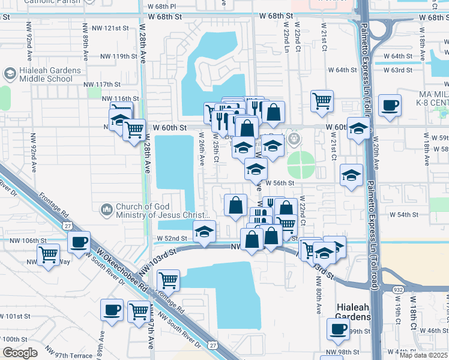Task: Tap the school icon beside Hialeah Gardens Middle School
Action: click(x=10, y=74)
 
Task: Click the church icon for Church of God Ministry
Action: click(x=107, y=209)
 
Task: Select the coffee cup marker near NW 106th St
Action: click(x=78, y=242)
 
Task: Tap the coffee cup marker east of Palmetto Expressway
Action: click(x=390, y=106)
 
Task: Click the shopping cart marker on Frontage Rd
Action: click(x=169, y=280)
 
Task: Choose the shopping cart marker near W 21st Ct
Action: click(x=322, y=101)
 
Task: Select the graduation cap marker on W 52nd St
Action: click(x=204, y=232)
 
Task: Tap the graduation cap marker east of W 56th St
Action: click(x=351, y=175)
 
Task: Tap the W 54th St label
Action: click(x=403, y=214)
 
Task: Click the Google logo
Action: click(x=20, y=353)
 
